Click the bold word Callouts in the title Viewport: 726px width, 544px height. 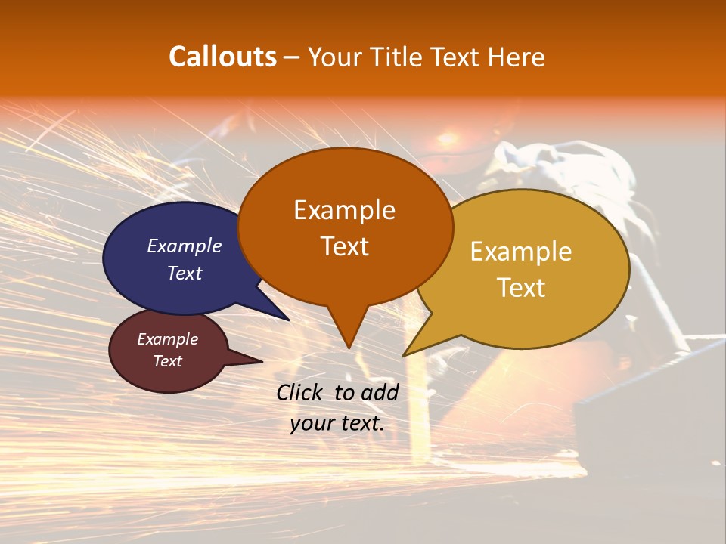click(222, 57)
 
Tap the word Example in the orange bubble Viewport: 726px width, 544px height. click(344, 210)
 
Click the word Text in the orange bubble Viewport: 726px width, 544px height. click(344, 246)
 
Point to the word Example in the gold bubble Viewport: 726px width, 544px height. click(521, 252)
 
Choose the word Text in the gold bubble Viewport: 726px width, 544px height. click(521, 288)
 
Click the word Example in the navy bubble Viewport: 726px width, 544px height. click(184, 246)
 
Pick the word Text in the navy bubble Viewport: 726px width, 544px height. click(184, 273)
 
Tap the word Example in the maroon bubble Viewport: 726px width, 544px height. click(167, 339)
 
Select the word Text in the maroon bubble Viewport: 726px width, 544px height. click(167, 361)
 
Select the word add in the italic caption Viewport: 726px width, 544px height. click(380, 392)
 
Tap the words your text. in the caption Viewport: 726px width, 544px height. click(337, 423)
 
